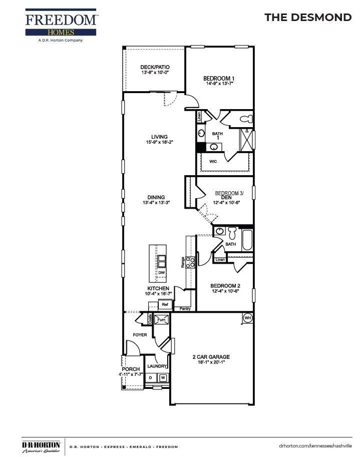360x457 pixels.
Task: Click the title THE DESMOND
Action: point(307,18)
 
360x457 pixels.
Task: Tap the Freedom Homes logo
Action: point(62,25)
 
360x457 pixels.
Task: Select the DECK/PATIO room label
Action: point(155,67)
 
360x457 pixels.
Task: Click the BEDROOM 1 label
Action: point(219,79)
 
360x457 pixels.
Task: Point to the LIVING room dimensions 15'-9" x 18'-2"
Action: point(160,143)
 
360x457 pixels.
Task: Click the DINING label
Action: point(156,197)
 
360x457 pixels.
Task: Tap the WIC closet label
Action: point(213,162)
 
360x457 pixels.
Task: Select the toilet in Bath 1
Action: point(245,119)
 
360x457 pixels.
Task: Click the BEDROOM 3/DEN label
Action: point(229,195)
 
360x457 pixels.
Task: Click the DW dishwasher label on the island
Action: point(161,273)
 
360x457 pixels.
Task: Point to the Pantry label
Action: point(185,309)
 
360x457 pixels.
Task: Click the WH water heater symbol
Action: point(247,318)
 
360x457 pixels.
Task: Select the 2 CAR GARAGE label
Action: point(211,357)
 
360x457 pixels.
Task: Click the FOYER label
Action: point(140,335)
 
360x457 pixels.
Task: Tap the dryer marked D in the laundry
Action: point(150,378)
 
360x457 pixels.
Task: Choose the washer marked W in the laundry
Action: point(163,378)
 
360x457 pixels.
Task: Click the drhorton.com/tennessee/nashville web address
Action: point(315,445)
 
